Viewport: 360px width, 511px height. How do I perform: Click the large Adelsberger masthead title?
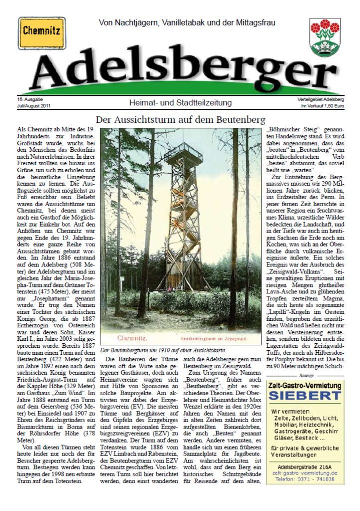click(x=180, y=70)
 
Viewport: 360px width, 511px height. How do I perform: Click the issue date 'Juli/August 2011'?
click(x=33, y=106)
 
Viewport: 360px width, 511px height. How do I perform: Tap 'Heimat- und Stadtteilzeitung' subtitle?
click(x=180, y=103)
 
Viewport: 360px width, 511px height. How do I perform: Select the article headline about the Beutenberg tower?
click(x=180, y=120)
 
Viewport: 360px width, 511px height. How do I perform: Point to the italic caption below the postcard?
click(x=163, y=350)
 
